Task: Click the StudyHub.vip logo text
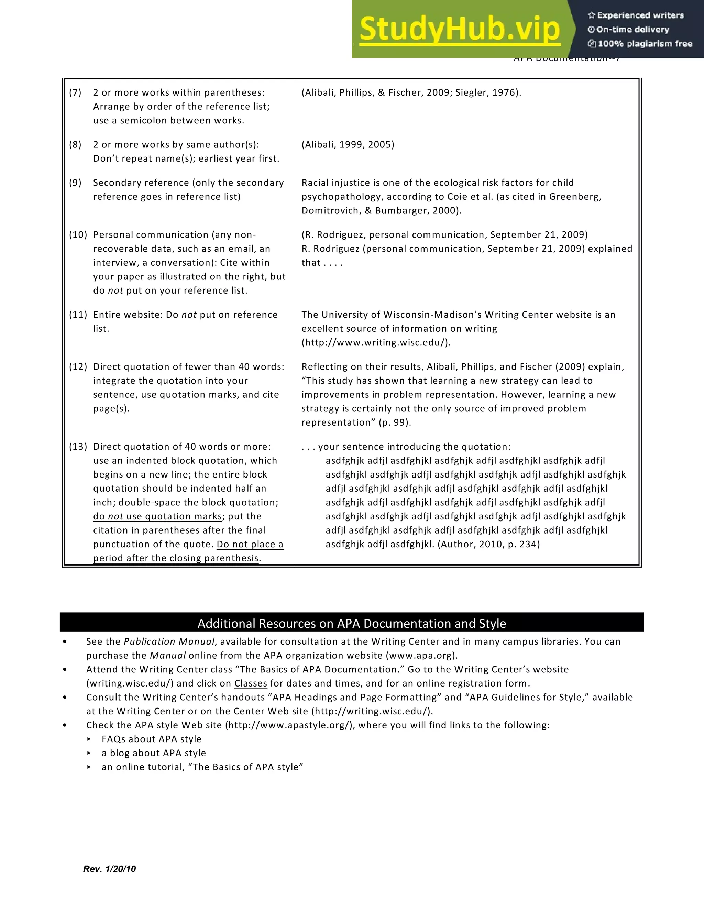pos(459,29)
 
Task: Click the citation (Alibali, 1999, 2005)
pos(348,145)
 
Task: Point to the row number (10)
pos(78,235)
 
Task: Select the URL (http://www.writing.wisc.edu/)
pos(376,343)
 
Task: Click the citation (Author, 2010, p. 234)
pos(488,544)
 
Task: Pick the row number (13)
pos(78,447)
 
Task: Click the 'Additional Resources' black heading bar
pos(352,624)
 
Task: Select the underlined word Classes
pos(251,684)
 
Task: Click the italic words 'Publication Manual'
pos(169,641)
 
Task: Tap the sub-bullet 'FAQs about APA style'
pos(151,739)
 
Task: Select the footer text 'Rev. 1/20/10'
pos(109,869)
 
